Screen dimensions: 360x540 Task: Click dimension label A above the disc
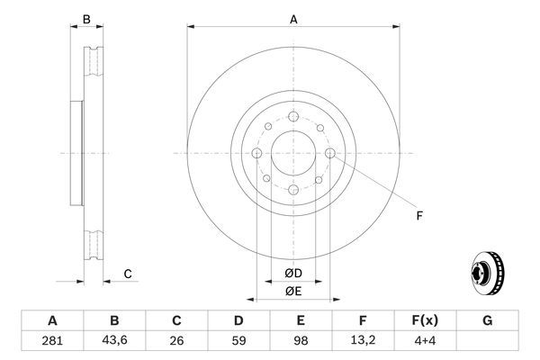(293, 19)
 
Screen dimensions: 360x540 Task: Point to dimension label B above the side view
(86, 19)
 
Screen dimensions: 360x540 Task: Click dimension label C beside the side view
(128, 274)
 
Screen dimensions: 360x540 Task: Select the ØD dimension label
(293, 273)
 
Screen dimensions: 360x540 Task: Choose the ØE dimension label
(293, 290)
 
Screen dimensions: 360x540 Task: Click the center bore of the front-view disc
(293, 153)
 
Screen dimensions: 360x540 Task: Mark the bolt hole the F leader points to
(330, 154)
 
